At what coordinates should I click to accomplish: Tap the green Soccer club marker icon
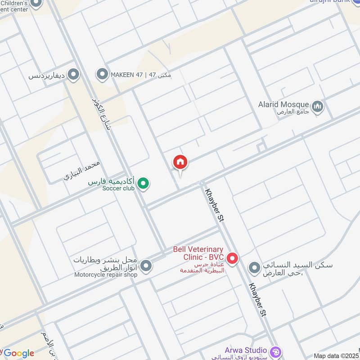143,183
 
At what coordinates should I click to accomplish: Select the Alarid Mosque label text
283,104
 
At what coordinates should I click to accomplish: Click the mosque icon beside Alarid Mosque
318,107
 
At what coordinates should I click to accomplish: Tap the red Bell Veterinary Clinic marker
232,258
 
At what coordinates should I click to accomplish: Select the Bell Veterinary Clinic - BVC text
198,253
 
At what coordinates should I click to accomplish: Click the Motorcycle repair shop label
106,274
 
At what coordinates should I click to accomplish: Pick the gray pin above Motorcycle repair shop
146,266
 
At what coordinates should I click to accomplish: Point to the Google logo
18,353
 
